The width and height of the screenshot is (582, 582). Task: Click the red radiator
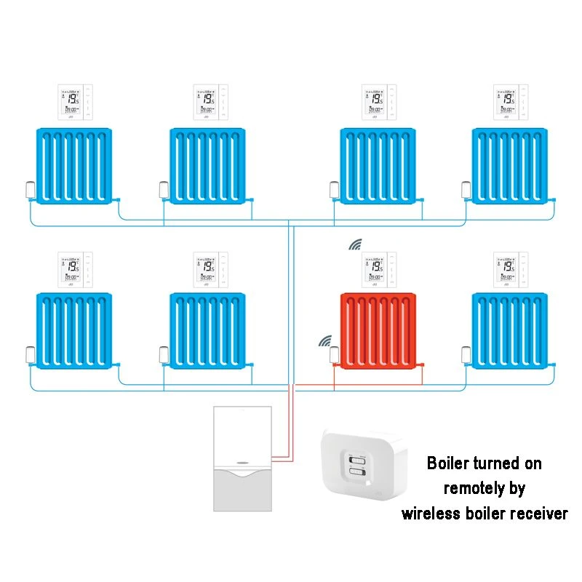[379, 330]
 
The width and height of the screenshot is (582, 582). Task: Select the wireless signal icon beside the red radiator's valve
[324, 341]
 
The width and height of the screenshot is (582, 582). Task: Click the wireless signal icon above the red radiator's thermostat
[355, 244]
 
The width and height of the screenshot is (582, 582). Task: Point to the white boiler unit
[242, 458]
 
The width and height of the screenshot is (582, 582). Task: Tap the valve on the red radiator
[334, 355]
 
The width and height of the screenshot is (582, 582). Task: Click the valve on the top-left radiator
[30, 190]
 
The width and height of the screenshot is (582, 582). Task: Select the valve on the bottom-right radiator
[465, 355]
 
